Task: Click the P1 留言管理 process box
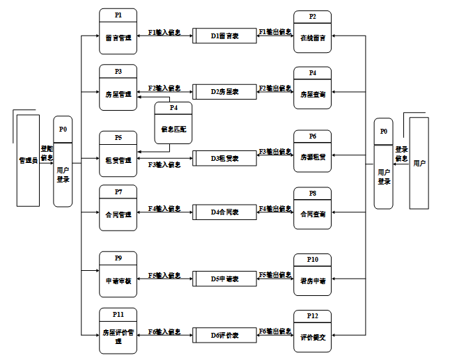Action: coord(118,32)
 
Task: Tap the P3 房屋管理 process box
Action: coord(118,87)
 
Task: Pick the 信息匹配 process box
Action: coord(173,123)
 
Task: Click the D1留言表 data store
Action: coord(225,35)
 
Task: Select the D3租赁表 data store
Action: coord(225,158)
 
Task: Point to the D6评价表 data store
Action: coord(225,334)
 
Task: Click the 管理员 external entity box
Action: coord(28,160)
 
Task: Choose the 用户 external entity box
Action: coord(419,163)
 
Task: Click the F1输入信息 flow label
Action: coord(164,32)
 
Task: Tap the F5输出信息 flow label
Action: coord(275,276)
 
